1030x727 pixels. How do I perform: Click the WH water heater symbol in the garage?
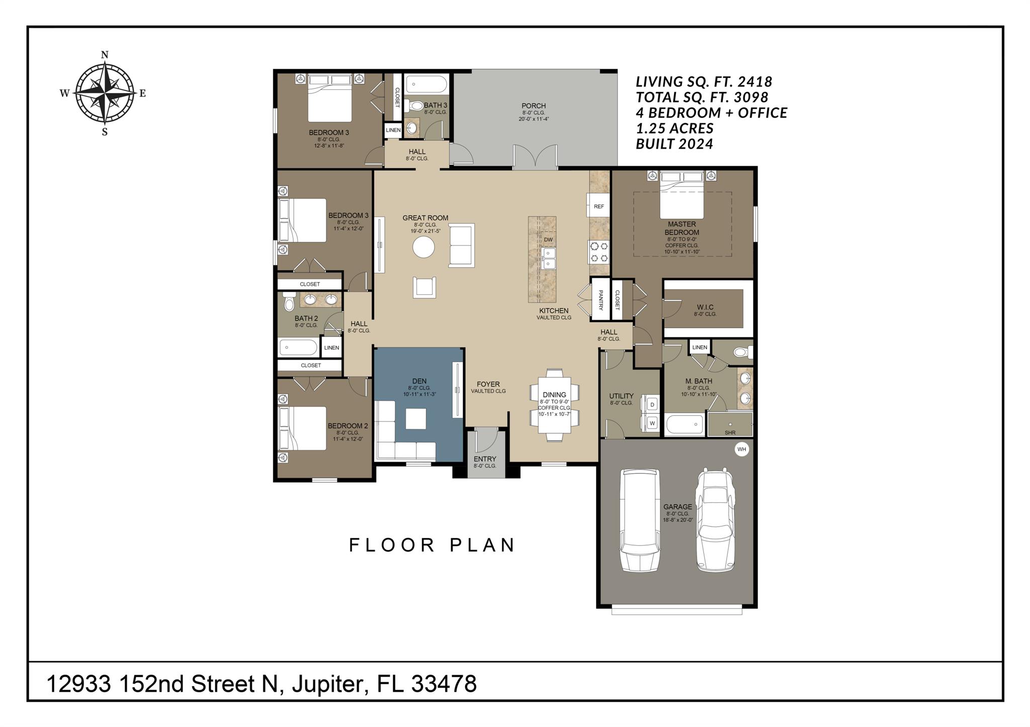point(741,449)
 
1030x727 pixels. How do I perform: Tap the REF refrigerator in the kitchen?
point(598,206)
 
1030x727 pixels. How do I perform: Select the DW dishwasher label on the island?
point(548,240)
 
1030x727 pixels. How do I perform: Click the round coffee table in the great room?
point(423,247)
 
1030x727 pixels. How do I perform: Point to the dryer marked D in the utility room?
point(652,404)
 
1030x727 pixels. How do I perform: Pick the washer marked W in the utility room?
point(652,423)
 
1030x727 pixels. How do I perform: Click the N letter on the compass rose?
point(105,55)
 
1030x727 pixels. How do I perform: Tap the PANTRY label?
point(600,299)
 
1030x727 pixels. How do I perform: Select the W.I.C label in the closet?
point(705,307)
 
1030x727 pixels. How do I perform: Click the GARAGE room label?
point(677,507)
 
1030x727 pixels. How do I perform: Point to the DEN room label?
point(419,381)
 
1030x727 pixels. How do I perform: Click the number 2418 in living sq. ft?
point(753,82)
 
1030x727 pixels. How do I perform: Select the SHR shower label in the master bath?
point(730,433)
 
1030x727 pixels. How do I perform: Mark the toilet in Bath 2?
point(288,302)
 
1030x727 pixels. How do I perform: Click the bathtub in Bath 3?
point(426,84)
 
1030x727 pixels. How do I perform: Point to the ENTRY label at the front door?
point(485,459)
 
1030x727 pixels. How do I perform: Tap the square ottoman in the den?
point(416,419)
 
